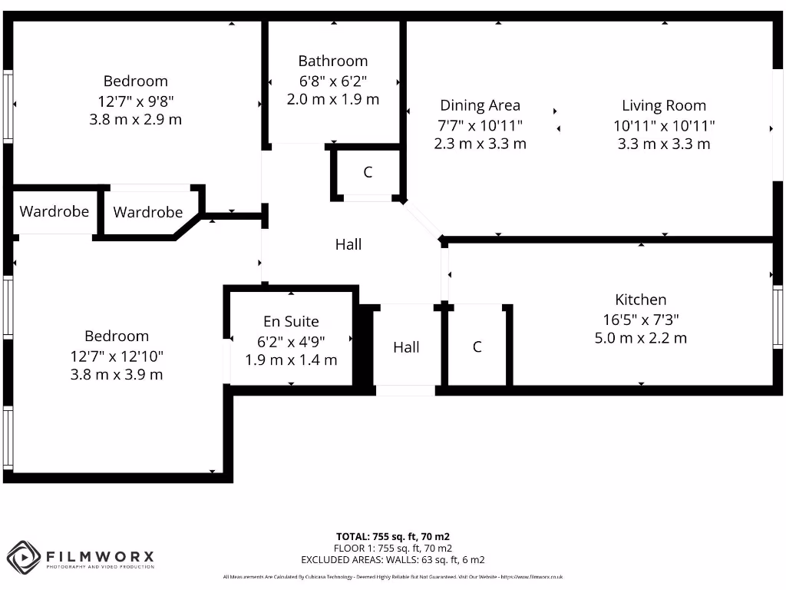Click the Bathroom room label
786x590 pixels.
point(333,61)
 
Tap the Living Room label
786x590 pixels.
point(664,106)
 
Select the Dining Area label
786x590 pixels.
point(480,106)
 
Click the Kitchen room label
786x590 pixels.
point(641,300)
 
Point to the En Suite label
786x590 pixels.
point(291,322)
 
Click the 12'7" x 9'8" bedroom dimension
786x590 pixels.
point(136,101)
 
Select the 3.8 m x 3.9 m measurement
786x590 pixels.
point(117,375)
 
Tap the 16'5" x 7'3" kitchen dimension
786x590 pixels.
point(641,319)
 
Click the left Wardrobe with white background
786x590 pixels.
point(54,211)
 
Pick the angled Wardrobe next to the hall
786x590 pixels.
point(148,213)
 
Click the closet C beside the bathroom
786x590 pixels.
point(368,173)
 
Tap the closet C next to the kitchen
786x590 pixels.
point(477,346)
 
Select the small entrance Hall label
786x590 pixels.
point(406,347)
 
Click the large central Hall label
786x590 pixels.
point(348,244)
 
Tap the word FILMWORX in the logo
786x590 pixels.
point(101,555)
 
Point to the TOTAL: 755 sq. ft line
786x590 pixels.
point(393,536)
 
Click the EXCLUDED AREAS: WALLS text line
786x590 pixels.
point(393,560)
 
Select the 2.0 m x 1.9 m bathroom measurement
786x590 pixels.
point(333,99)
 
